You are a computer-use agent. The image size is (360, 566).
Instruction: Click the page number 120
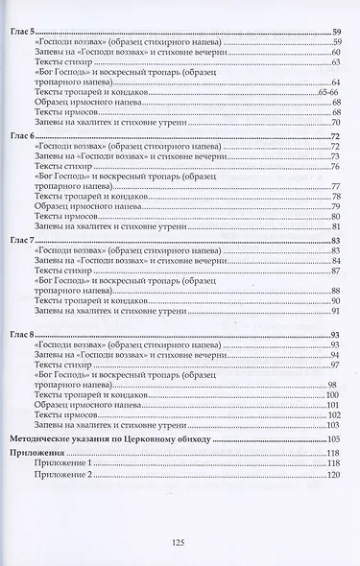(x=334, y=474)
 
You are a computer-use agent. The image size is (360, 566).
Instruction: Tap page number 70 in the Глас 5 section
(x=337, y=124)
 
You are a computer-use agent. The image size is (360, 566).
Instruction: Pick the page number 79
(x=337, y=206)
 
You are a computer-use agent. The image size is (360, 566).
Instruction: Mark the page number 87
(x=337, y=271)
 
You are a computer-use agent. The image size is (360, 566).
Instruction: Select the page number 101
(x=334, y=406)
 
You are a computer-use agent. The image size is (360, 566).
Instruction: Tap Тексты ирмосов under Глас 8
(x=67, y=415)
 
